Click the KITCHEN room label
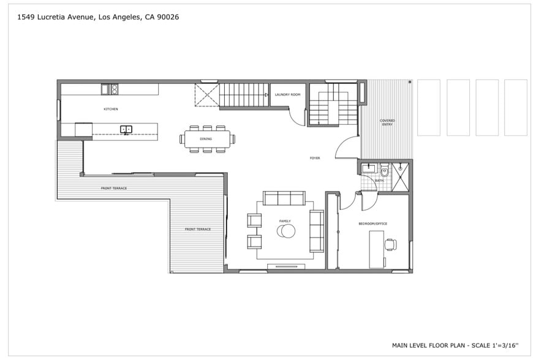(110, 109)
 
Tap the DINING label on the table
(206, 139)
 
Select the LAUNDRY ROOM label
(287, 94)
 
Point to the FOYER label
(315, 158)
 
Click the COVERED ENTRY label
(387, 122)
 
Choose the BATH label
(379, 181)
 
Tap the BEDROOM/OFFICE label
(372, 223)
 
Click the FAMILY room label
(285, 221)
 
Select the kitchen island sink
(126, 129)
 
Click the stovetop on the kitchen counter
(110, 89)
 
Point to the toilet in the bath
(385, 170)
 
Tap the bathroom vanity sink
(369, 168)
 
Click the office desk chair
(390, 245)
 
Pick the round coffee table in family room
(286, 231)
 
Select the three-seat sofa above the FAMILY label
(284, 198)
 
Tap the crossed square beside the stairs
(207, 95)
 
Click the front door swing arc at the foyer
(347, 148)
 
